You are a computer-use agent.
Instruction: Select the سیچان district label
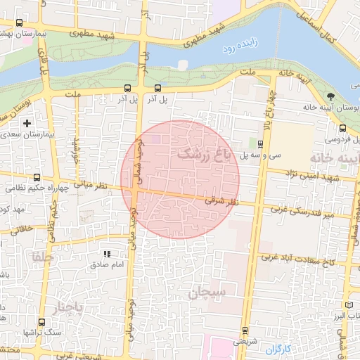(x=206, y=293)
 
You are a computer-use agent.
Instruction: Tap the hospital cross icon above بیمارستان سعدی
(x=27, y=123)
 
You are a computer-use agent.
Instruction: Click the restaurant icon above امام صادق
(x=107, y=254)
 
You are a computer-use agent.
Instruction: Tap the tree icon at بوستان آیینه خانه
(x=330, y=96)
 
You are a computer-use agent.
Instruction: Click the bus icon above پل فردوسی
(x=342, y=129)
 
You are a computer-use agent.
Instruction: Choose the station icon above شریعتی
(x=244, y=330)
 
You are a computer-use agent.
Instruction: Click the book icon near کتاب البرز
(x=351, y=305)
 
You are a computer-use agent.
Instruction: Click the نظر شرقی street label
(x=227, y=200)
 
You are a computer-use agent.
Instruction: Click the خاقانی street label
(x=21, y=229)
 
